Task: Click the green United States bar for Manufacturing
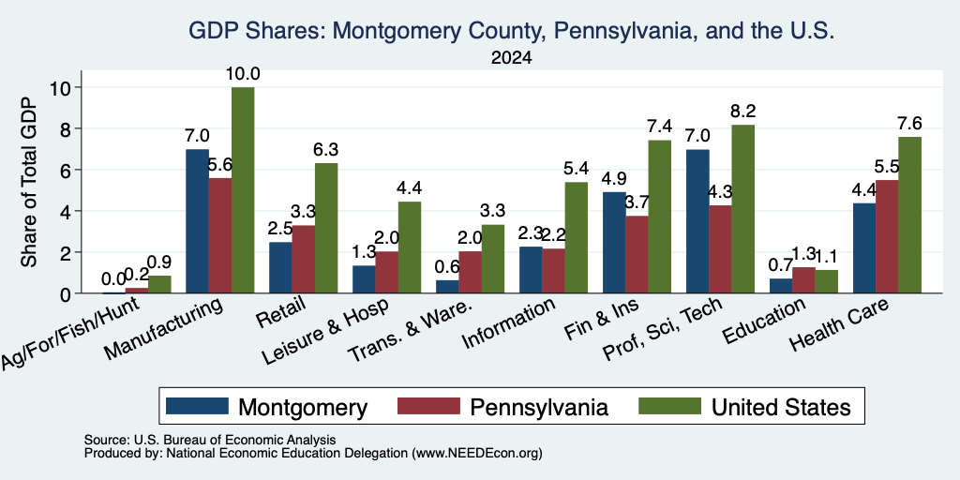[x=243, y=190]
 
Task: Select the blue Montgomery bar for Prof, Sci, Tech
[x=697, y=221]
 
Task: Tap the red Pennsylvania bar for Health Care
[x=887, y=237]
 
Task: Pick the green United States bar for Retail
[x=326, y=229]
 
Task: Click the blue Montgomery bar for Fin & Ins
[x=614, y=243]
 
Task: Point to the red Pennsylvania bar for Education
[x=803, y=280]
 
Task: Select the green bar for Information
[x=577, y=238]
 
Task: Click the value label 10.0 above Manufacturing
[x=243, y=74]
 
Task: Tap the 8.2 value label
[x=743, y=112]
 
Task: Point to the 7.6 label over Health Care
[x=909, y=124]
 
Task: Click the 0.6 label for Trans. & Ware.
[x=447, y=266]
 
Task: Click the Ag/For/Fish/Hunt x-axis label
[x=71, y=332]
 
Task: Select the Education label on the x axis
[x=763, y=322]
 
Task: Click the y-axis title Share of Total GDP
[x=29, y=182]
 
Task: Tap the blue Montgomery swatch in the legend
[x=197, y=406]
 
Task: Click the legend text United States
[x=781, y=407]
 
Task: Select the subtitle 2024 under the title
[x=511, y=58]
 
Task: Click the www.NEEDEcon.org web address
[x=477, y=454]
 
